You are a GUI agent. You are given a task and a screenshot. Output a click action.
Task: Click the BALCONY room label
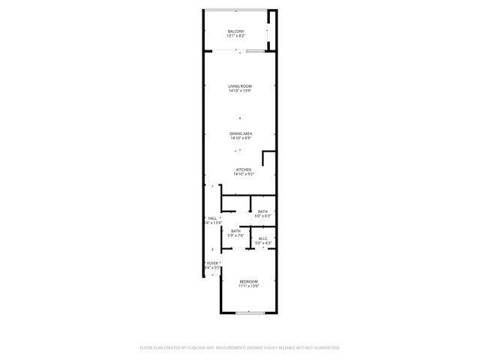tap(236, 31)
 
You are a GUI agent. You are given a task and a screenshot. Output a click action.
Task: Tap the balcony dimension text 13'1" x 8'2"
tap(236, 36)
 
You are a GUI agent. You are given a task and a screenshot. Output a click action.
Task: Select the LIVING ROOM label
tap(240, 86)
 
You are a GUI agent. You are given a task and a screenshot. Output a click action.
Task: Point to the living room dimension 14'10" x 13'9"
tap(240, 91)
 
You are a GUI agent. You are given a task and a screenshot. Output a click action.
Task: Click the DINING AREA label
tap(241, 133)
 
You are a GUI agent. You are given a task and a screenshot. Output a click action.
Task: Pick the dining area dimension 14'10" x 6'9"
tap(241, 138)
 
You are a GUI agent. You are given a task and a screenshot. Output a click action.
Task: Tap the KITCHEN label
tap(243, 169)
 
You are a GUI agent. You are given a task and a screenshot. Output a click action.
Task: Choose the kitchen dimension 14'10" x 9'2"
tap(244, 174)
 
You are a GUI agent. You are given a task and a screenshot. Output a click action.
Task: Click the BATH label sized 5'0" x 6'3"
tap(262, 211)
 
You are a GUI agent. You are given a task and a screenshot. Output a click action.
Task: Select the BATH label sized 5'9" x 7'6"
tap(236, 231)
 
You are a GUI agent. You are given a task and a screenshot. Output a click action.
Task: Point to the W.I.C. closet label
tap(262, 238)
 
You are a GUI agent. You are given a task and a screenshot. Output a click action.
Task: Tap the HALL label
tap(212, 218)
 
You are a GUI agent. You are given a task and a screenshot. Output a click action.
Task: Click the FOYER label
tap(213, 262)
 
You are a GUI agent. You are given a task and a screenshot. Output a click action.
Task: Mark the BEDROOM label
tap(248, 281)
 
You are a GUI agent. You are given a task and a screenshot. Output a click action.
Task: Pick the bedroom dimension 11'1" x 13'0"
tap(248, 286)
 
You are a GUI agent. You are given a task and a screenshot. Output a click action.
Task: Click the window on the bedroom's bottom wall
tap(248, 312)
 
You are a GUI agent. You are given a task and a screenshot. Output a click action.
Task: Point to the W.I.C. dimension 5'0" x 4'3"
tap(262, 243)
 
